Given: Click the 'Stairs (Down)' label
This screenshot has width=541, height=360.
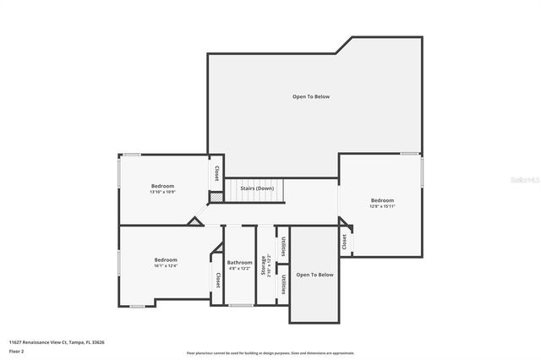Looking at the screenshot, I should coord(257,188).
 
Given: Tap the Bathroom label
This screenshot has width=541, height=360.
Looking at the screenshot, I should coord(239,263).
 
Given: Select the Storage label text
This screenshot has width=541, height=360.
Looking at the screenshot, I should coord(264,265).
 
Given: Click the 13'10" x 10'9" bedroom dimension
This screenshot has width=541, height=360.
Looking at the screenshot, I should coord(162,192).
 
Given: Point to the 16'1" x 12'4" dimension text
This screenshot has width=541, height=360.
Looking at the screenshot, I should coord(166,265).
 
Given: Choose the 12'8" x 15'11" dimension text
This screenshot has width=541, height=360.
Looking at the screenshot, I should coord(382,206).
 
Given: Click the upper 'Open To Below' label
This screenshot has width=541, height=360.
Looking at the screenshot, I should coord(311,97).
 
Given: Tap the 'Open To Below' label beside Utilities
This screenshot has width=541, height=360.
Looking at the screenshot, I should coord(315,275).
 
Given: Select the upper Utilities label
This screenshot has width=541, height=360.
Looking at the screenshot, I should coord(283,246).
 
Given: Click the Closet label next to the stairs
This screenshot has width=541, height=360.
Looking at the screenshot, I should coord(216,173).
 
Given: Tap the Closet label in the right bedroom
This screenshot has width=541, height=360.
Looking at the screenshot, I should coord(345,241).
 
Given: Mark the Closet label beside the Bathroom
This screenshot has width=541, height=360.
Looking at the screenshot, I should coord(217,280).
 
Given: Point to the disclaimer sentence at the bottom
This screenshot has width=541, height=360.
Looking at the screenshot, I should coord(270,353).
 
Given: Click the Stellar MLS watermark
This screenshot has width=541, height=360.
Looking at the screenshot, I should coord(524,180).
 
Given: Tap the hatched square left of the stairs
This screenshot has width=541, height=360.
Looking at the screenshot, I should coord(217,197).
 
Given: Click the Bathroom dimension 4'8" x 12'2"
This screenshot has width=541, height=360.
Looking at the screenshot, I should coord(239,269).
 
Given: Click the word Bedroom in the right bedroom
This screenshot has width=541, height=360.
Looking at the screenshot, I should coord(382,200).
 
